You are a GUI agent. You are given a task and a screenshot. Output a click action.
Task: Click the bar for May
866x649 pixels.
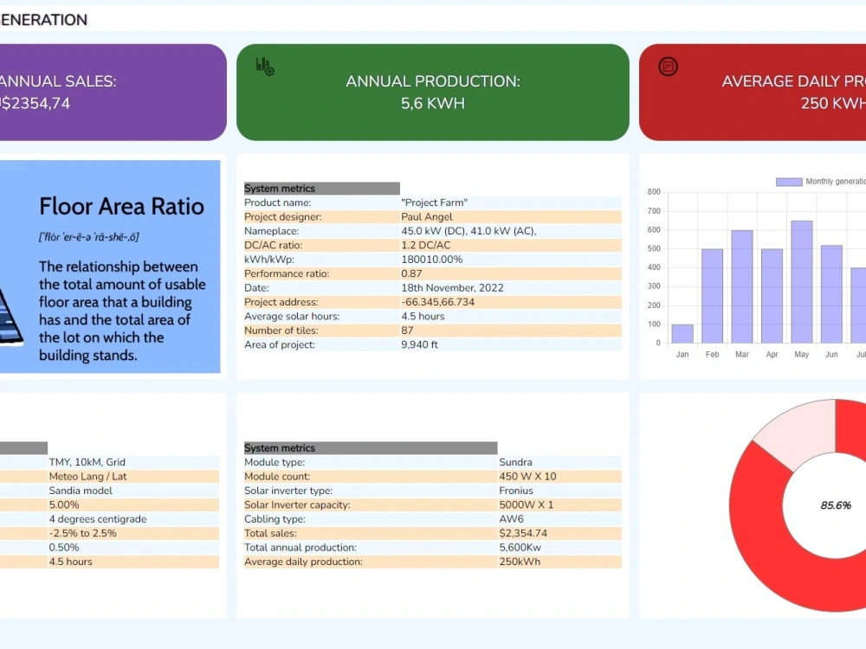pos(802,281)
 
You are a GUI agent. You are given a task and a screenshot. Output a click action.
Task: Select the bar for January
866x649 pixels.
pos(682,333)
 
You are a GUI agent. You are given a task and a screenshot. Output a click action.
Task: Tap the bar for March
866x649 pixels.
pos(742,286)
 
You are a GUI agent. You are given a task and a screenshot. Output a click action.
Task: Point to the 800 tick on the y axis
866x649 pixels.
pos(653,192)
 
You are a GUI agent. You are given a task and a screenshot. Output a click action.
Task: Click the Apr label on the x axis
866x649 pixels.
pos(772,355)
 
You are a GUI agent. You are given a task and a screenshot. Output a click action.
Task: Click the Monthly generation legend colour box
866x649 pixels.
pos(789,182)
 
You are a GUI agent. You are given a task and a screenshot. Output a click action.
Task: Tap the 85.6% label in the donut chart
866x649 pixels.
pos(836,505)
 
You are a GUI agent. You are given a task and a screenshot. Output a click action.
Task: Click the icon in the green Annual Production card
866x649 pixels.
pos(265,67)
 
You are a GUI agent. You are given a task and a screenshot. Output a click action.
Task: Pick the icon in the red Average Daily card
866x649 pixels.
pos(668,67)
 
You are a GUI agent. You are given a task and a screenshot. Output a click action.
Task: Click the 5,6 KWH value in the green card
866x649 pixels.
pos(433,104)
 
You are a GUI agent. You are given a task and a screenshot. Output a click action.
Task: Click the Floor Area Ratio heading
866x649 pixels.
pos(121,206)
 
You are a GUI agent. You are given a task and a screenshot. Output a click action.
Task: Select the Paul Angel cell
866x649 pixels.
pos(427,217)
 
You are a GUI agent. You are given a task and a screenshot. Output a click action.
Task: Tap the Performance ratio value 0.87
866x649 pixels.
pos(412,273)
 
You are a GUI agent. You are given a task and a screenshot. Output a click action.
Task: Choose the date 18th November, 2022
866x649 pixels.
pos(452,288)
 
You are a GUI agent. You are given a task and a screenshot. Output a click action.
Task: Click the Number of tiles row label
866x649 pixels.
pos(281,331)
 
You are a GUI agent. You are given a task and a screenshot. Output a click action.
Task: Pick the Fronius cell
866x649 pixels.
pos(516,491)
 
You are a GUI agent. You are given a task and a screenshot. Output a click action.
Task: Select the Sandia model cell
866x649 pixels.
pos(81,491)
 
